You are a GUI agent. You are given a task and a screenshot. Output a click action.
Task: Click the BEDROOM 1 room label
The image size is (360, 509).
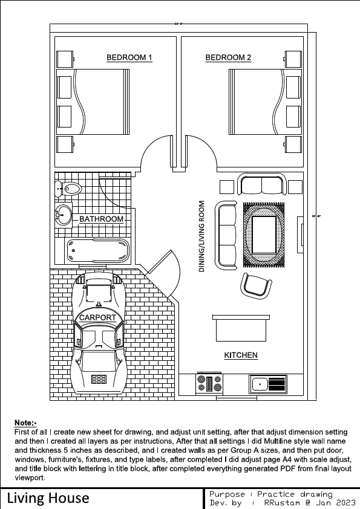(129, 58)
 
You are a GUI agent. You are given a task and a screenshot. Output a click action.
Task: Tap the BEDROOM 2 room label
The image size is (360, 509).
(228, 58)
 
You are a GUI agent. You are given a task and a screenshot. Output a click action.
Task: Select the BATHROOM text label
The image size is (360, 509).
(101, 219)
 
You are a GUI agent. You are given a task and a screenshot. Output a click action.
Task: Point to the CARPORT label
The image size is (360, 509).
(97, 317)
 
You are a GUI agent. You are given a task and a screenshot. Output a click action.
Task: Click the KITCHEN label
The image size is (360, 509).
(241, 355)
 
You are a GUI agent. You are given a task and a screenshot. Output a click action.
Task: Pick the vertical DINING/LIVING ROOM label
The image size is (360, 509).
(202, 236)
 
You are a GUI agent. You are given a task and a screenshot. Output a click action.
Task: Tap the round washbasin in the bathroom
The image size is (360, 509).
(63, 214)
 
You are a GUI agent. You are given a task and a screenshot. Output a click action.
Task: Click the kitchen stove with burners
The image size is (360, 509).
(210, 383)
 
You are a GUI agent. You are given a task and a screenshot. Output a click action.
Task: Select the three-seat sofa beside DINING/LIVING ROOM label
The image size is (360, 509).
(227, 234)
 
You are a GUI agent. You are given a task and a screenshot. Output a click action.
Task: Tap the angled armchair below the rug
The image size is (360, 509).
(255, 284)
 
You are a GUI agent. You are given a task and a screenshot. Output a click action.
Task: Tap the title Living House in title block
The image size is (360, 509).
(48, 498)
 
